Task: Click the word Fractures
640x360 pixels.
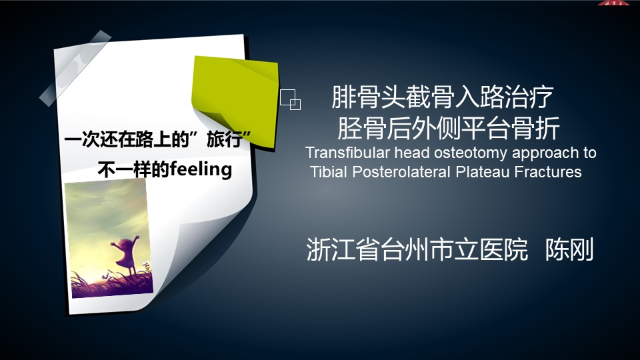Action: pyautogui.click(x=548, y=172)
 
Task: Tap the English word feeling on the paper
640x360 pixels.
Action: pyautogui.click(x=201, y=169)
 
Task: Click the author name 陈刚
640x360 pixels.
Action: pyautogui.click(x=569, y=249)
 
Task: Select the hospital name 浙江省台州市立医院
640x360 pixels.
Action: pyautogui.click(x=417, y=249)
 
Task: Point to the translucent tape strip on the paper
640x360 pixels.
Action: pyautogui.click(x=75, y=68)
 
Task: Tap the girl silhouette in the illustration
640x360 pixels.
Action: pyautogui.click(x=127, y=254)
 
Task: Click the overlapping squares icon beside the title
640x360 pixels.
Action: pyautogui.click(x=290, y=99)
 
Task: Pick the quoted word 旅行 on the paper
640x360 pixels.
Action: pyautogui.click(x=225, y=139)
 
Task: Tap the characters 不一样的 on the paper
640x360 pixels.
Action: pyautogui.click(x=133, y=169)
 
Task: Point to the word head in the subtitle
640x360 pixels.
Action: pyautogui.click(x=412, y=153)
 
